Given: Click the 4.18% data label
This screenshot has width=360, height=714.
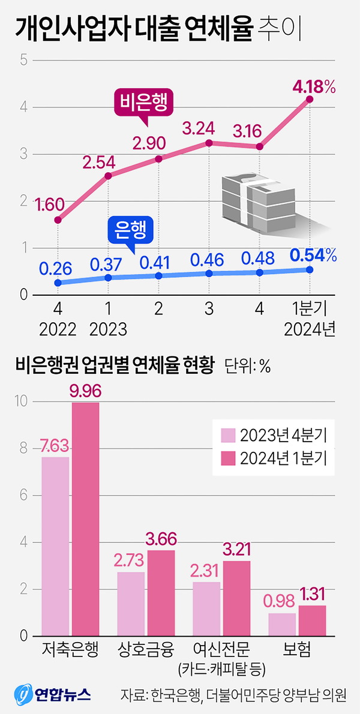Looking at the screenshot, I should tap(313, 88).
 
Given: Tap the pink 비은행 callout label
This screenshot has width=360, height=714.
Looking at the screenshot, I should tap(144, 104).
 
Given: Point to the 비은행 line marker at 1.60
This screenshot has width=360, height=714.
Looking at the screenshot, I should tap(58, 220).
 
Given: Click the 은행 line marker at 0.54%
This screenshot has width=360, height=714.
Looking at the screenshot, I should tap(310, 269).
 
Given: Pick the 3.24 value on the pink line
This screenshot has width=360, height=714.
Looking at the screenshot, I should tap(208, 128).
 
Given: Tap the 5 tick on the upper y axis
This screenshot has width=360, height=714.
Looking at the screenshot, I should tap(23, 60).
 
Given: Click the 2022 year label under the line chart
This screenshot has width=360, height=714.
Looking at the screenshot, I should tap(58, 329).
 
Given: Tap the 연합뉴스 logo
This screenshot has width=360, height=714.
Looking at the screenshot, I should tap(53, 695).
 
